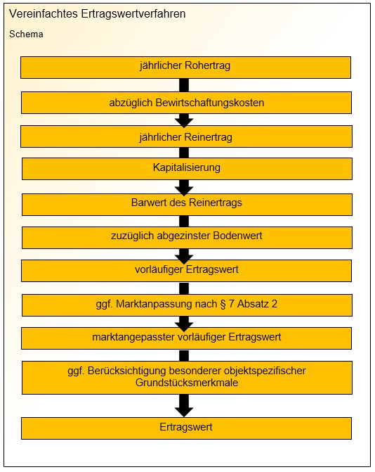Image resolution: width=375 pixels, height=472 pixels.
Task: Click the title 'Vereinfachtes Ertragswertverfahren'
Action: pyautogui.click(x=97, y=14)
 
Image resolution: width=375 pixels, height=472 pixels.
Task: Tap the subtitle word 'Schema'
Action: pyautogui.click(x=26, y=34)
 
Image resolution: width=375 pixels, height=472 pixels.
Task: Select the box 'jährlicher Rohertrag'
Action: pyautogui.click(x=185, y=68)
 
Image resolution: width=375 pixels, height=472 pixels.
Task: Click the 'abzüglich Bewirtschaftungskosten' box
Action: pyautogui.click(x=186, y=103)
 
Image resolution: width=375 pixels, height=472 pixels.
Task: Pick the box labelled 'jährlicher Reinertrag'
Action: pyautogui.click(x=186, y=136)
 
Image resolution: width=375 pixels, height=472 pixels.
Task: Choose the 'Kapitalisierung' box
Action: pyautogui.click(x=187, y=169)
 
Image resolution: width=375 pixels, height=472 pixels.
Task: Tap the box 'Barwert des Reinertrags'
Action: pyautogui.click(x=187, y=205)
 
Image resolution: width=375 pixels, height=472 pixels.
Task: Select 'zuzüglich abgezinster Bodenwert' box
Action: pyautogui.click(x=187, y=238)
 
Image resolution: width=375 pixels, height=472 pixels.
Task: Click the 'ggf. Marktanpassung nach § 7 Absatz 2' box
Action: pyautogui.click(x=187, y=305)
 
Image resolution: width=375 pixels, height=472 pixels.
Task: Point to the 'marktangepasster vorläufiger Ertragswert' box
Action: pyautogui.click(x=186, y=338)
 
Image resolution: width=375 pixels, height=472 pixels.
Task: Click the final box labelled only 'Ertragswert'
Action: pyautogui.click(x=186, y=428)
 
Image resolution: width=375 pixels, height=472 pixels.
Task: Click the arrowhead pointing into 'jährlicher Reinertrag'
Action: pyautogui.click(x=184, y=121)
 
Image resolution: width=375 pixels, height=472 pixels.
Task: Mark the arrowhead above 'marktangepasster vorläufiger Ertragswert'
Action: pyautogui.click(x=184, y=324)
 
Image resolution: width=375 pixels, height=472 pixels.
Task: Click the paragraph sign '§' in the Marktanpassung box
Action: pyautogui.click(x=223, y=304)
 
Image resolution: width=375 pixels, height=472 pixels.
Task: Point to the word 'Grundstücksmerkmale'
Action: pyautogui.click(x=187, y=383)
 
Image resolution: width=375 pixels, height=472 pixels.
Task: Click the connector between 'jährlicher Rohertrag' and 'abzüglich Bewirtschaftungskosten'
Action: pyautogui.click(x=184, y=85)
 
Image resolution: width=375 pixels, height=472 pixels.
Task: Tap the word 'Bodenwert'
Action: pyautogui.click(x=237, y=236)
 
